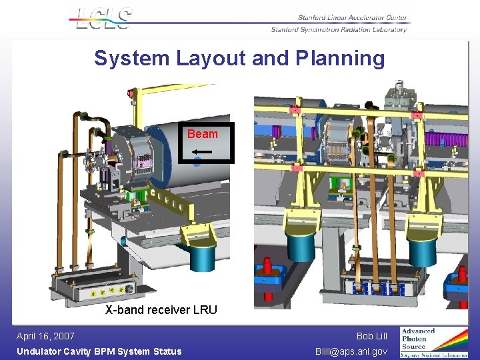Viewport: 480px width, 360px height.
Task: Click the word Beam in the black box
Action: pos(202,134)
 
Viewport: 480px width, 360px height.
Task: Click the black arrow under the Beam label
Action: pos(203,152)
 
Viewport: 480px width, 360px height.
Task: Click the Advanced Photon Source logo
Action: pos(433,341)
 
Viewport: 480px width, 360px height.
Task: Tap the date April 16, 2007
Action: pos(45,336)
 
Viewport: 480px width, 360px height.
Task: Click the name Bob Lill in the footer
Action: pos(371,336)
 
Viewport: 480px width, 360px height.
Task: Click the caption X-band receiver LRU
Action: pos(161,310)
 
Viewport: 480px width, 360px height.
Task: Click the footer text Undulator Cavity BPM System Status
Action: pos(99,351)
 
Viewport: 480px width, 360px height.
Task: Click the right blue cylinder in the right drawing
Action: pos(422,251)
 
